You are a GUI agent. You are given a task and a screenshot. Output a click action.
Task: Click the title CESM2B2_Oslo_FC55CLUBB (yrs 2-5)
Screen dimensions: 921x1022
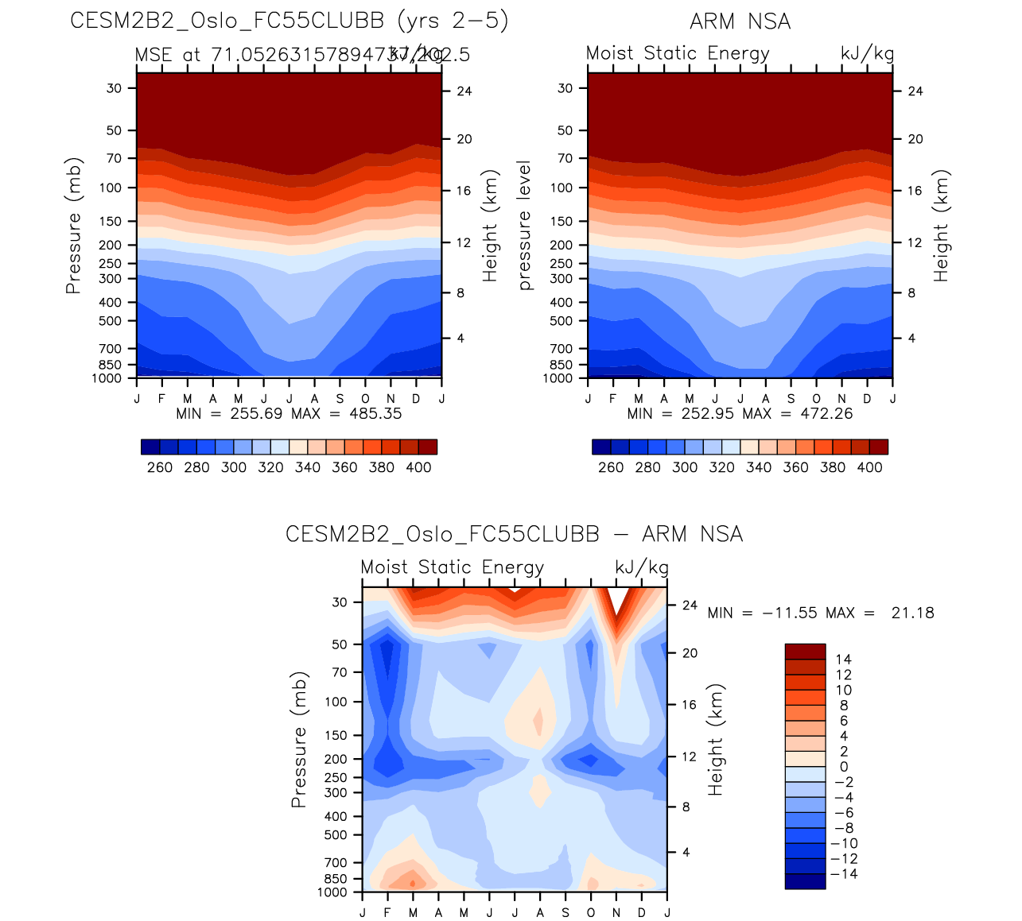click(290, 21)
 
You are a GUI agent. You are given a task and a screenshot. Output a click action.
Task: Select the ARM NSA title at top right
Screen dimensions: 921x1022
click(740, 21)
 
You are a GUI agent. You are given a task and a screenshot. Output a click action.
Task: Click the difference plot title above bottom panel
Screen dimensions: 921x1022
click(514, 534)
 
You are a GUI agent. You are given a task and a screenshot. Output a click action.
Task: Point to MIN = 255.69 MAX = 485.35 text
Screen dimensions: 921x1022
click(289, 413)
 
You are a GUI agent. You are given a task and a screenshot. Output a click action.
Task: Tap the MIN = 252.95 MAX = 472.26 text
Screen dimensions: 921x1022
click(740, 413)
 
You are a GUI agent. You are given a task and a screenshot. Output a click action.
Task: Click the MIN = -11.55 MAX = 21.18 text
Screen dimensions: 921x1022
click(820, 613)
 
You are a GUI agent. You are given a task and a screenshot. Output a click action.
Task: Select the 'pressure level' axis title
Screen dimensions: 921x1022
click(524, 226)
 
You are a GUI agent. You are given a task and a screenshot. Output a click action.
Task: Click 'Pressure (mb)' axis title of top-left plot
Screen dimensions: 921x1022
click(73, 226)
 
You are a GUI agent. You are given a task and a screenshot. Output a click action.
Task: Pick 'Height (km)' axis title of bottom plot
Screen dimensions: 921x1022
click(716, 740)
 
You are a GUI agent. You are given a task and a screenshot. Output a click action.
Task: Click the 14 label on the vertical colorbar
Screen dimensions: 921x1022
click(843, 660)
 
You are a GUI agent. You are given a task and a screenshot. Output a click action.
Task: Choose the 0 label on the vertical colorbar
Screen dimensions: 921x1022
click(843, 767)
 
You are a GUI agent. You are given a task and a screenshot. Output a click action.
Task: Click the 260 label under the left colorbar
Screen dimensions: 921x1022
click(160, 467)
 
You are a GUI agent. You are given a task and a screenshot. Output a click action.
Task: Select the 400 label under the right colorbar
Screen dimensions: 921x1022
click(869, 467)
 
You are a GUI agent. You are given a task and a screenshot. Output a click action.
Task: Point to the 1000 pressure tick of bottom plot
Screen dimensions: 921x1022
click(333, 892)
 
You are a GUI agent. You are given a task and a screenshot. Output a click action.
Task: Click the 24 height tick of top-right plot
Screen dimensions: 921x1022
click(915, 91)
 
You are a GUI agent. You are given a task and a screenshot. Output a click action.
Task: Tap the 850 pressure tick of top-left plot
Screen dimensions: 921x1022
click(111, 365)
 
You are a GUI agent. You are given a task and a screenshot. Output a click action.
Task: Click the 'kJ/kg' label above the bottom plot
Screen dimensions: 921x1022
click(642, 567)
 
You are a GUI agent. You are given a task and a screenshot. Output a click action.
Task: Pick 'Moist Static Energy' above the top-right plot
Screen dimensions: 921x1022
click(678, 53)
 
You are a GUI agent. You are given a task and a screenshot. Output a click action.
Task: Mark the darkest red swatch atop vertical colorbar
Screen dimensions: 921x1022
click(805, 652)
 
